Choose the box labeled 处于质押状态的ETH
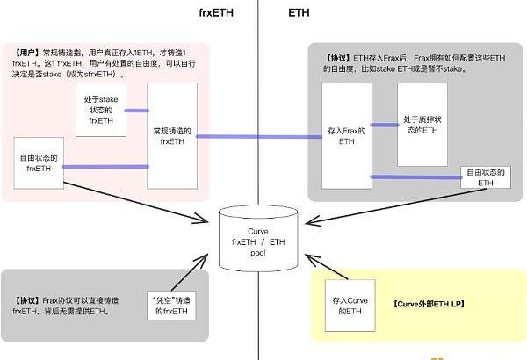pos(421,124)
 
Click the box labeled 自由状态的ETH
pos(486,176)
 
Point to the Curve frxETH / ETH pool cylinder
pos(257,239)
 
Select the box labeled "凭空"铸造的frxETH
pos(168,305)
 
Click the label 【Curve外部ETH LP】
pos(423,303)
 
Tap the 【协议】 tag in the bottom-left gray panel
pos(28,299)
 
